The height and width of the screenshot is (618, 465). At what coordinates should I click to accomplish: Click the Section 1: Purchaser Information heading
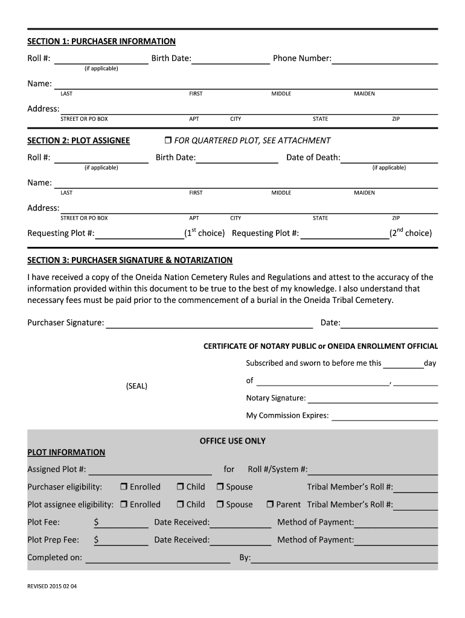coord(101,42)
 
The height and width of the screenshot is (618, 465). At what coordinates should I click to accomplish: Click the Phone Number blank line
coord(385,59)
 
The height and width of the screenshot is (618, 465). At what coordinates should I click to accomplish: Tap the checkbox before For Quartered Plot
coord(168,141)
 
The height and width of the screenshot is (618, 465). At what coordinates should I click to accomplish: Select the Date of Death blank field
coord(389,158)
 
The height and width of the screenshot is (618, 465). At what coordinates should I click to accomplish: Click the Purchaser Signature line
coord(209,323)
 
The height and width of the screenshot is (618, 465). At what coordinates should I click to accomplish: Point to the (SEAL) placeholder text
coord(136,386)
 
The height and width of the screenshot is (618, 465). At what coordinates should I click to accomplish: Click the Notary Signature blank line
coord(373,398)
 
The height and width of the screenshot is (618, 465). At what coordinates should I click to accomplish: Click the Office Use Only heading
coord(232,441)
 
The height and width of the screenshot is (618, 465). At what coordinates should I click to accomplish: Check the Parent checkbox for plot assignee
coord(271,505)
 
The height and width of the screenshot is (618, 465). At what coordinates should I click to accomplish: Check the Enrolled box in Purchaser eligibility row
coord(124,487)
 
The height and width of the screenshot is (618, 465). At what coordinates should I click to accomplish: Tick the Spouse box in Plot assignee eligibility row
coord(220,505)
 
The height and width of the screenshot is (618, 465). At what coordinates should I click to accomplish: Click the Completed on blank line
coord(158,558)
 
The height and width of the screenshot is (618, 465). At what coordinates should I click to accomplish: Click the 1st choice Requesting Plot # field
coord(139,234)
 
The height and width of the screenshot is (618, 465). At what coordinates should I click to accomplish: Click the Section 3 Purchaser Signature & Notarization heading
coord(130,260)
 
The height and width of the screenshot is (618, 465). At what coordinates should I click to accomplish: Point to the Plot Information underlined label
coord(66,453)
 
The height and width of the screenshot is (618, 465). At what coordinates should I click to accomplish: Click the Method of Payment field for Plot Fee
coord(396,523)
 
